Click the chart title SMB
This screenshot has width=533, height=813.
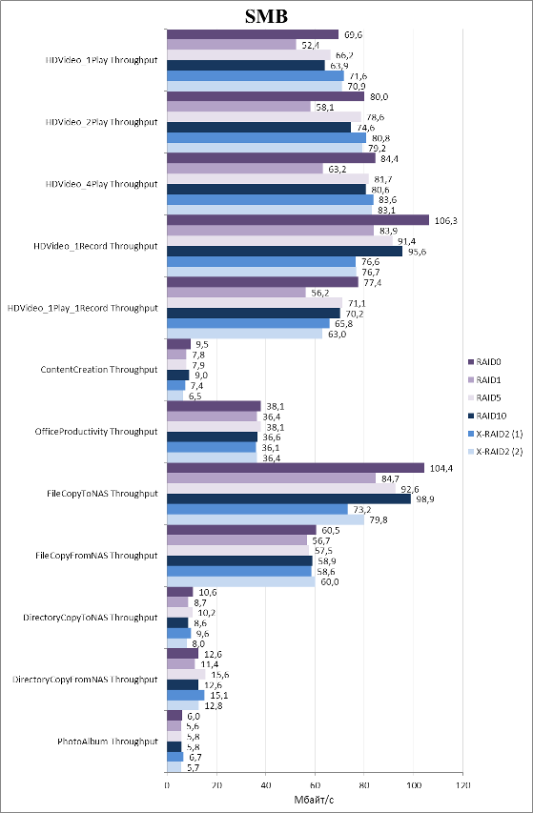(x=266, y=16)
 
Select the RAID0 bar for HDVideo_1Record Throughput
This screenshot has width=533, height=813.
(x=297, y=220)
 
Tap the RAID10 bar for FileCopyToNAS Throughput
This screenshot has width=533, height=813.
(x=289, y=498)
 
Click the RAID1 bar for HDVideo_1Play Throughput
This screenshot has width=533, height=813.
(x=232, y=45)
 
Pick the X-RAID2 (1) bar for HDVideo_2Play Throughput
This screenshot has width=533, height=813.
(x=267, y=137)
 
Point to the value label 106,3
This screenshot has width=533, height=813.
(x=445, y=220)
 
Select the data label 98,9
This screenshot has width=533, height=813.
(x=425, y=499)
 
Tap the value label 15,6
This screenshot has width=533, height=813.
(x=220, y=675)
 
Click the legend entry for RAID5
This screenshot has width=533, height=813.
(x=487, y=397)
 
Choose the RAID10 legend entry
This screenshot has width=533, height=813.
(x=489, y=416)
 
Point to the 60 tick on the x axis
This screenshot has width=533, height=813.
(x=315, y=785)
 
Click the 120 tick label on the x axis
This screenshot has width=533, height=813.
(x=462, y=785)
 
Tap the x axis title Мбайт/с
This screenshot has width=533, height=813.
(x=315, y=800)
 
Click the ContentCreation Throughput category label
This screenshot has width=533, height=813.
(x=98, y=370)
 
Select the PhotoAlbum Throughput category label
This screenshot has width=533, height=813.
(x=108, y=742)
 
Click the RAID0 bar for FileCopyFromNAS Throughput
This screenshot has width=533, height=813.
(x=241, y=530)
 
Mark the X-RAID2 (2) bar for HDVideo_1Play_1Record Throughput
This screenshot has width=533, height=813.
(x=245, y=334)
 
